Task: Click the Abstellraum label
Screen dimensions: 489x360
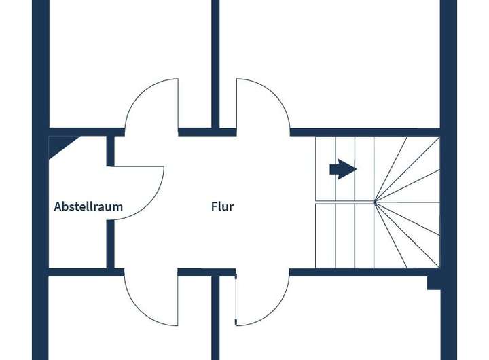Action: (88, 206)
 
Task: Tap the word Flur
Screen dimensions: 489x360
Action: (222, 206)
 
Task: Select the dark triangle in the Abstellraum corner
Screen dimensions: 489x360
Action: (60, 145)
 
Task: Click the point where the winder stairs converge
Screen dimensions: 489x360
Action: (374, 202)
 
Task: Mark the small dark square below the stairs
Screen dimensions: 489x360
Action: (433, 282)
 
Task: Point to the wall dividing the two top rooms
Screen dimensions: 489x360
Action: (215, 61)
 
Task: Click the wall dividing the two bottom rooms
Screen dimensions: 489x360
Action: (215, 319)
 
